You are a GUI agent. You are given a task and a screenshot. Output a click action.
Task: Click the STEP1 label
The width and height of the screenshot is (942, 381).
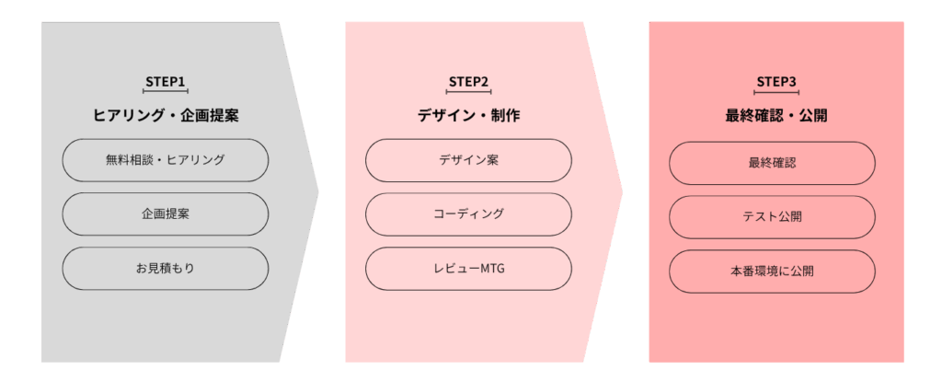tap(166, 81)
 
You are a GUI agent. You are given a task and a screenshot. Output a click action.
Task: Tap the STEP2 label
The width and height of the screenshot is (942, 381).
tap(468, 81)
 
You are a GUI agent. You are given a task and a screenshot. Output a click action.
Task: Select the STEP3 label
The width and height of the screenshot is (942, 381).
tap(776, 81)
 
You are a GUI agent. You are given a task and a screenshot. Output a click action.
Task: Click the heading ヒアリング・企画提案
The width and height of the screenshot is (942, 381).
tap(166, 116)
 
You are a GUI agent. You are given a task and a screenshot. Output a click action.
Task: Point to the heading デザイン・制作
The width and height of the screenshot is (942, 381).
tap(468, 116)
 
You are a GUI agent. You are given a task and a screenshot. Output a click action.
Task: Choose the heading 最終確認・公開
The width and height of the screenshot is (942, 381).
tap(776, 116)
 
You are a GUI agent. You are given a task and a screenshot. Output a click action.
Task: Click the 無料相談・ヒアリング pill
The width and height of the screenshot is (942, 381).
tap(166, 160)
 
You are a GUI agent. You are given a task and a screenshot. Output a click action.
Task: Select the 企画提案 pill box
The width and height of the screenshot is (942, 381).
tap(166, 214)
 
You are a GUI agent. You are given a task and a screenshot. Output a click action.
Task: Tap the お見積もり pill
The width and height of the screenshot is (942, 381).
tap(166, 269)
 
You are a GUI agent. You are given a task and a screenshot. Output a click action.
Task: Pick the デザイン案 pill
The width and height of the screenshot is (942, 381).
tap(468, 160)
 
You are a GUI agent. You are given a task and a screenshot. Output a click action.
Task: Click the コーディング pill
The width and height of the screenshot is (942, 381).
tap(468, 214)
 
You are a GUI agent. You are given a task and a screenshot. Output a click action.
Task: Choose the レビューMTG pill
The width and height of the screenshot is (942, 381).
tap(468, 269)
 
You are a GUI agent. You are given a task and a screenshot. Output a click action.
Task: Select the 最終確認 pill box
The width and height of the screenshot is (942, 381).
tap(772, 163)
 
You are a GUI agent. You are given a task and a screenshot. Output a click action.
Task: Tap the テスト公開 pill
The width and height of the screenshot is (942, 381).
tap(772, 217)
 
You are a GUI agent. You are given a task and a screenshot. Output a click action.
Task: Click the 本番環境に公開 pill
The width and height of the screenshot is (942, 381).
tap(772, 271)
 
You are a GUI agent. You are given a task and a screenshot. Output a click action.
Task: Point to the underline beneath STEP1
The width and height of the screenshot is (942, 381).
tap(166, 92)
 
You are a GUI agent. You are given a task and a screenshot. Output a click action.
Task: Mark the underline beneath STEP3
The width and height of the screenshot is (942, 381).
tap(776, 92)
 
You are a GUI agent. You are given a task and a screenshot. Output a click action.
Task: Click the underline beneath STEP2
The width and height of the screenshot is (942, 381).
tap(468, 92)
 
